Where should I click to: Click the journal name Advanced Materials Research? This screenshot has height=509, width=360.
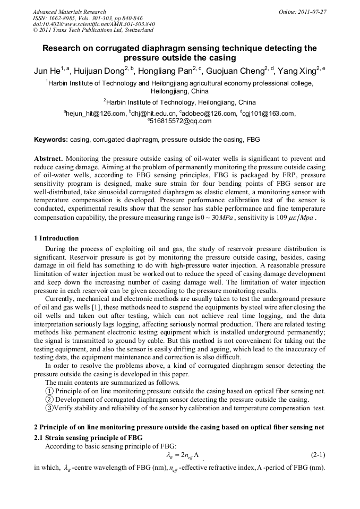pos(69,12)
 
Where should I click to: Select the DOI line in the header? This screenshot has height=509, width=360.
pos(94,24)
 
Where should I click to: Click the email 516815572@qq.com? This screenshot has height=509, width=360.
pos(181,121)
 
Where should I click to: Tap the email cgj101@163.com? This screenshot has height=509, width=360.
pos(268,113)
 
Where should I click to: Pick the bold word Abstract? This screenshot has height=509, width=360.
pos(49,159)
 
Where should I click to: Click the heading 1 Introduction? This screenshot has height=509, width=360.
pos(56,238)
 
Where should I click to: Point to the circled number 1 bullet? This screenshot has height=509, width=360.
pos(49,391)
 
